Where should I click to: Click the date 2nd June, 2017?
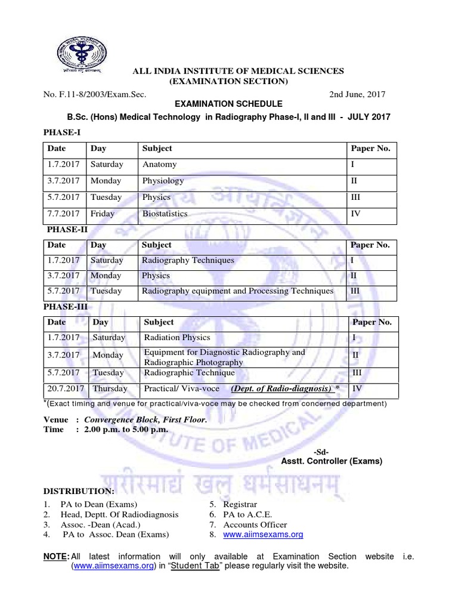tap(357, 94)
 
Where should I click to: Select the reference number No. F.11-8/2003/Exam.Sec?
tap(95, 94)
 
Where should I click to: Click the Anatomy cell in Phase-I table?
tap(159, 165)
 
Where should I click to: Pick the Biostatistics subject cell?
tap(165, 214)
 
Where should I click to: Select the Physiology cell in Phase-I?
tap(163, 181)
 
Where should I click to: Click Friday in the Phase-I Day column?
tap(102, 214)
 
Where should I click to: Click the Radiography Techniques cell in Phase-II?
tap(188, 260)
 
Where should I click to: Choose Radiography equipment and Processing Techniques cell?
tap(237, 291)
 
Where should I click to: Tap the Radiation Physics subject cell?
tap(177, 338)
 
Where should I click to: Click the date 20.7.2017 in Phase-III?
tap(66, 388)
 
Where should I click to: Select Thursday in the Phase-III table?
tap(110, 388)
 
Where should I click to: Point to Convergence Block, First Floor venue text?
tap(146, 419)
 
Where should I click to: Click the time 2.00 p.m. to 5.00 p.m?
tap(126, 430)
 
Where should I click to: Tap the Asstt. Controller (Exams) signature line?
tap(332, 461)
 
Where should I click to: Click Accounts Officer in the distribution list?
tap(255, 524)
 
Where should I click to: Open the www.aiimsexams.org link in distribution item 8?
tap(263, 535)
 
